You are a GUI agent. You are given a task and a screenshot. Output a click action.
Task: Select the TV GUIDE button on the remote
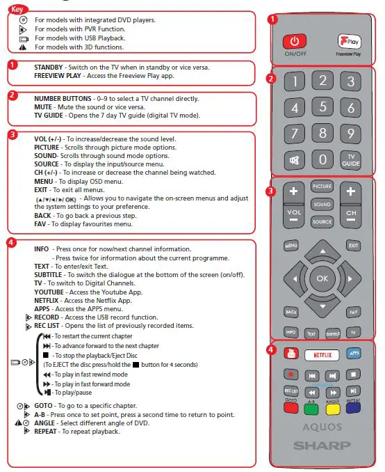352,160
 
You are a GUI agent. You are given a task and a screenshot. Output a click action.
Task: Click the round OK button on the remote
322,278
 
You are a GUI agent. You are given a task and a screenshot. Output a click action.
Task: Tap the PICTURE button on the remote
322,187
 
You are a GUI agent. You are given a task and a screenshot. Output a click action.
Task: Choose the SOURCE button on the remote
322,222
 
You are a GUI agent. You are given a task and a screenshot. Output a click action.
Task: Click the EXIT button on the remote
353,245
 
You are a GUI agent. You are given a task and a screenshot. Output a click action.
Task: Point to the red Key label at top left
19,9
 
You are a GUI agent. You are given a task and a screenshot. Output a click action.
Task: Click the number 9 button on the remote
352,134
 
